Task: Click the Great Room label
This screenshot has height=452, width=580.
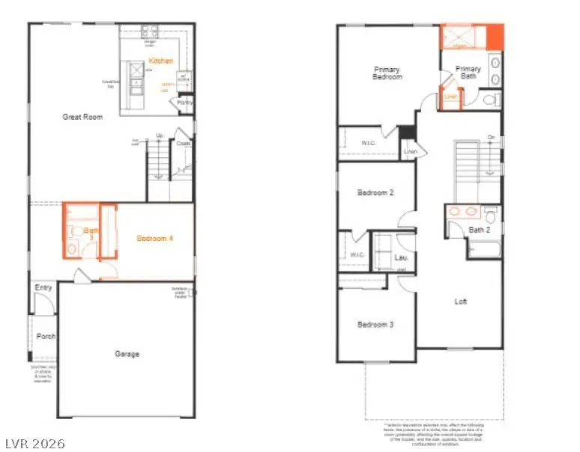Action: [82, 117]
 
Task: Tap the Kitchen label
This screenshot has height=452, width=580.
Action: [161, 61]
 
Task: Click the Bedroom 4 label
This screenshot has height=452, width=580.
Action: [155, 239]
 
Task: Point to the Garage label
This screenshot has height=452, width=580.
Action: [127, 354]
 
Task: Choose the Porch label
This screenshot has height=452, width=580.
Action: [46, 336]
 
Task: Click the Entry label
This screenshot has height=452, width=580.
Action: [43, 288]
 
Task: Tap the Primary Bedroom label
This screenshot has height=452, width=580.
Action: [387, 73]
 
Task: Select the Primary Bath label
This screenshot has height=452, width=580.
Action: [468, 73]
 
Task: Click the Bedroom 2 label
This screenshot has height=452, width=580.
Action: [375, 193]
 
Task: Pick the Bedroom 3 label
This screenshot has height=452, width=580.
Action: [375, 325]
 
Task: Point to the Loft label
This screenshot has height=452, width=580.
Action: [461, 302]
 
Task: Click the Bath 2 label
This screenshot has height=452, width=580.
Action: [480, 230]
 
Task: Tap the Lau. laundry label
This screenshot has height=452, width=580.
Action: [401, 258]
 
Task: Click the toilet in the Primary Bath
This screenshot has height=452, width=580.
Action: [489, 99]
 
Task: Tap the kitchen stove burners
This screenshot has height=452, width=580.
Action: [149, 31]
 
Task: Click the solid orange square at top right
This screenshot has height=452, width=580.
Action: [495, 35]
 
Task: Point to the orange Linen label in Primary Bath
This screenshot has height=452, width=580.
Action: [450, 97]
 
